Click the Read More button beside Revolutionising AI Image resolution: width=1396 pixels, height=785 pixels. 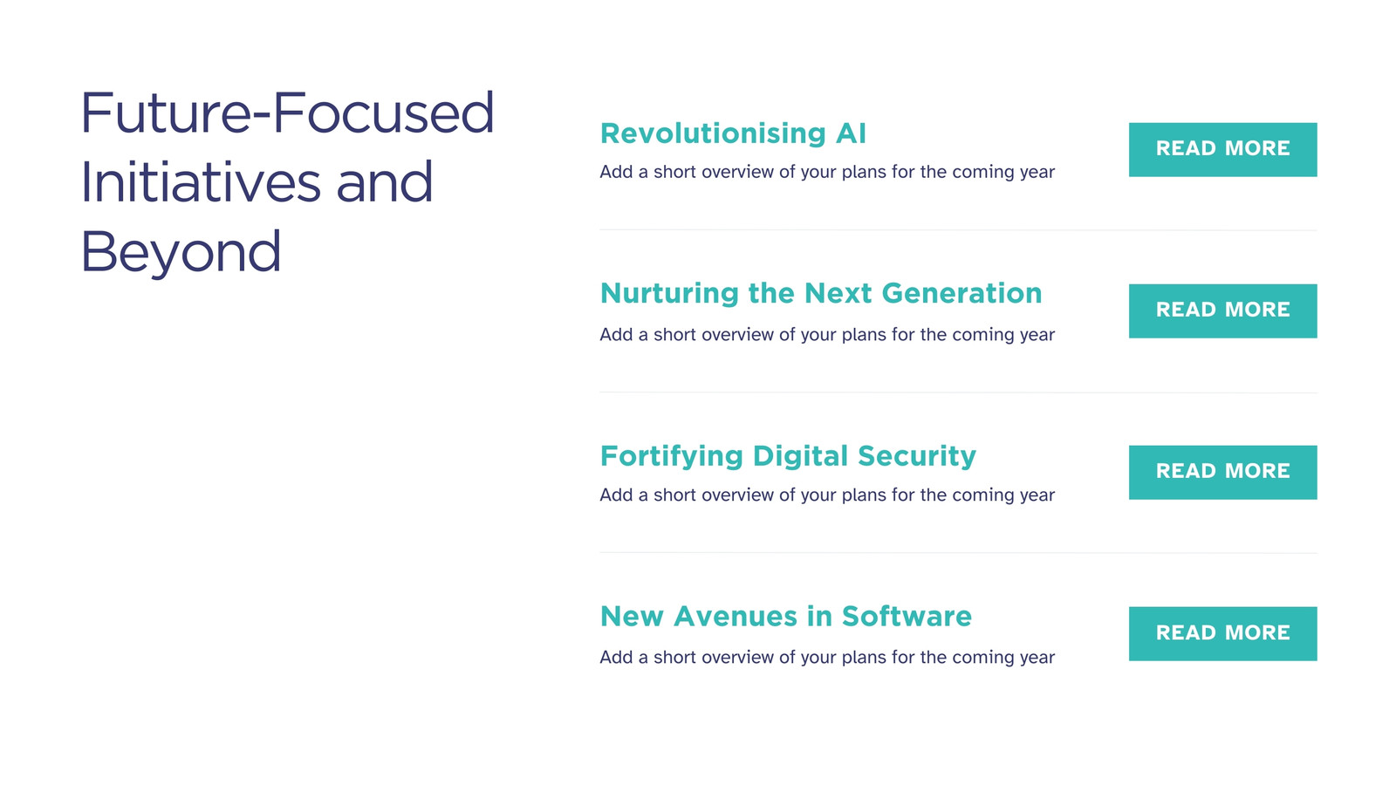click(1222, 149)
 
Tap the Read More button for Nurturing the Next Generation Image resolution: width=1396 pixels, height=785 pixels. click(1222, 311)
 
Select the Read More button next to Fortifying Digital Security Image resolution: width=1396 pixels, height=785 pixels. click(1222, 472)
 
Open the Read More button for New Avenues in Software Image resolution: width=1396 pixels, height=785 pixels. click(1222, 633)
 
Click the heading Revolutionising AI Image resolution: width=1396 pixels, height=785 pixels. click(733, 133)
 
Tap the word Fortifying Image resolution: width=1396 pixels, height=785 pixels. click(672, 457)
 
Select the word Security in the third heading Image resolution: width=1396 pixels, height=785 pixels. click(917, 457)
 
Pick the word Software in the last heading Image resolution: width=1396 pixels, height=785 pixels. click(907, 616)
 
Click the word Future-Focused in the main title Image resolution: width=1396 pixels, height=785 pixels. click(287, 113)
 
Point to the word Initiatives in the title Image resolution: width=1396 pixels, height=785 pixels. click(201, 182)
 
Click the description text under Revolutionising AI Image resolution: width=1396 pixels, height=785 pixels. click(827, 172)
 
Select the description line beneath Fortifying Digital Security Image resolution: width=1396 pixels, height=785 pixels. click(827, 495)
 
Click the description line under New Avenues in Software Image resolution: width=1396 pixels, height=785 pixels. click(827, 658)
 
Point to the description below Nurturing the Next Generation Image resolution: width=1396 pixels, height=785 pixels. click(827, 335)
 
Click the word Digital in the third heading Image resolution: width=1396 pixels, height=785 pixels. click(800, 457)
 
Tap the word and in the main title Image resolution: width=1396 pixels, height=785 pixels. click(385, 182)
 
